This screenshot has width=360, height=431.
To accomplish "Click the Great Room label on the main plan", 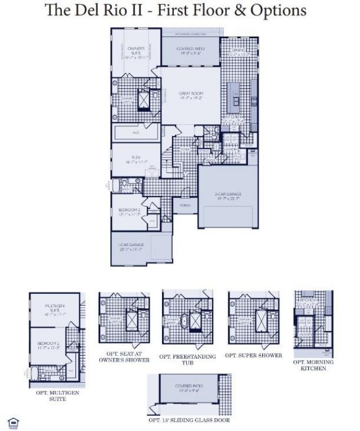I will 191,95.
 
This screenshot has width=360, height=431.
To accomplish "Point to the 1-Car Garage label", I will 131,247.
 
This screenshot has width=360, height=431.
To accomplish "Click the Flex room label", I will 136,159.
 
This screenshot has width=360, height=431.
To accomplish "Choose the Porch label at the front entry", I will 185,205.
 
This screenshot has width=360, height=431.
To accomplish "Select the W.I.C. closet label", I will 136,133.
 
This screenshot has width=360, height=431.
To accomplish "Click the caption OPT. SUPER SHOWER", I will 253,355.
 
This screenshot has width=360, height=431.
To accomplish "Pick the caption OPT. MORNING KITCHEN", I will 313,365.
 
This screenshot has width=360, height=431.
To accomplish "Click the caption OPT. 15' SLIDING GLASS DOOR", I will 188,420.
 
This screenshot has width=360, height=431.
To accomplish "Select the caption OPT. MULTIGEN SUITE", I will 56,396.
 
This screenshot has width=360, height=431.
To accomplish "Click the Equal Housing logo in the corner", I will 12,421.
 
